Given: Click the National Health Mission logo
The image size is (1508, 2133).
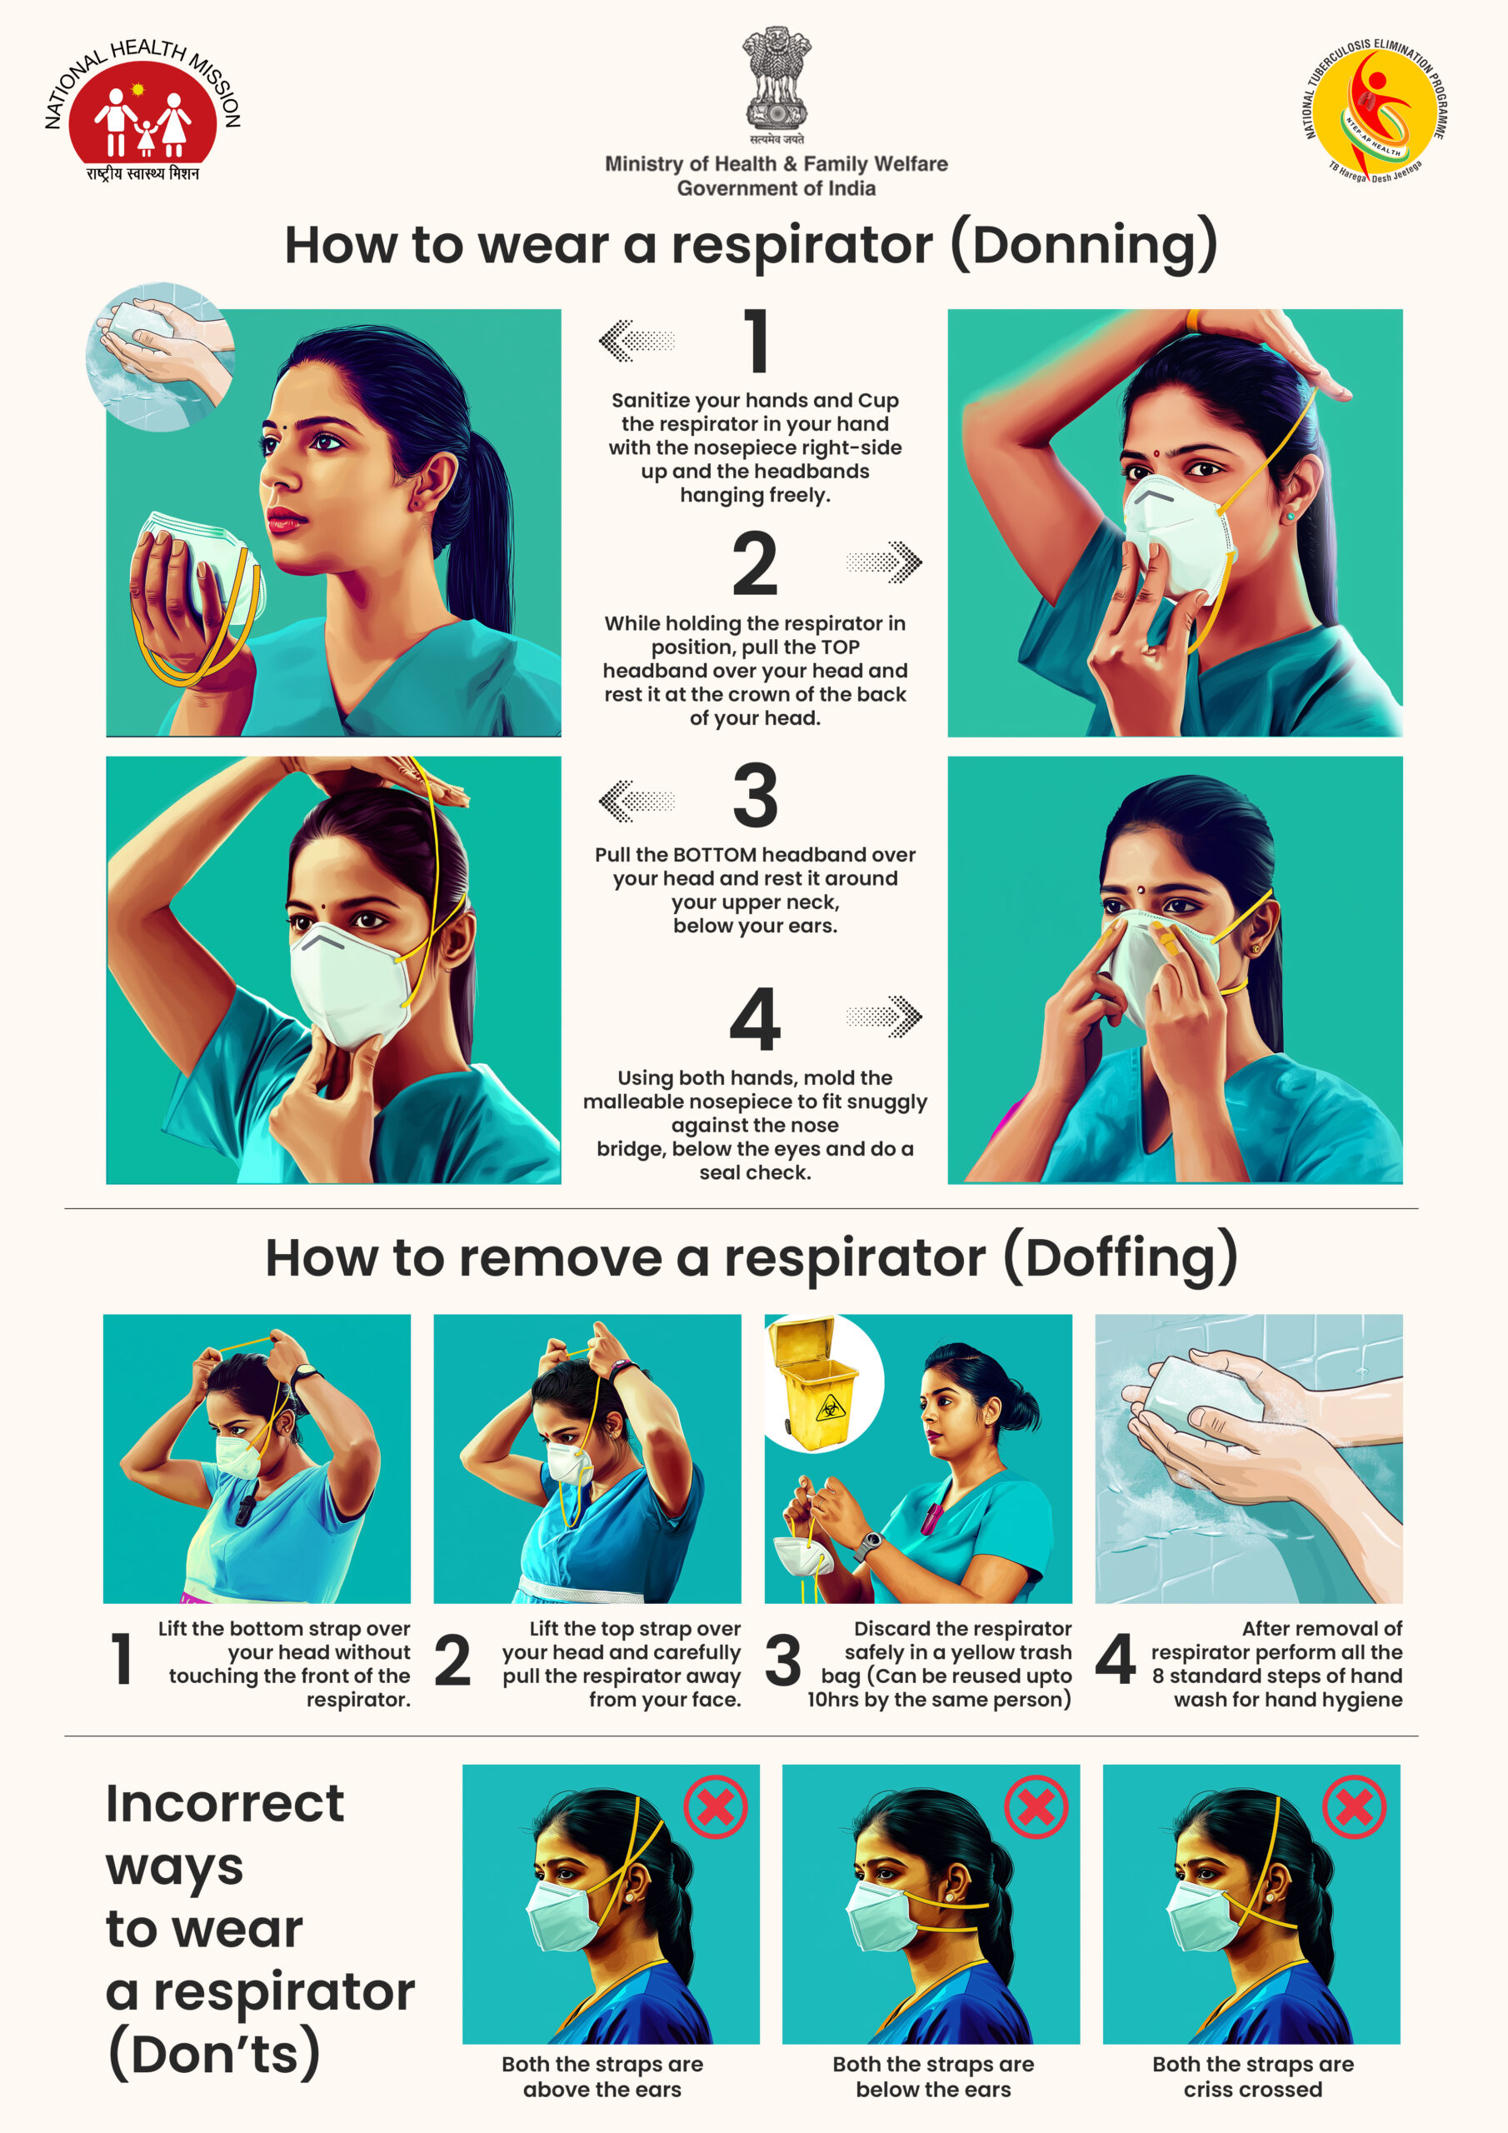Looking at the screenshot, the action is click(x=143, y=110).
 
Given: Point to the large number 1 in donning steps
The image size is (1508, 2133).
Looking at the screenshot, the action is click(x=757, y=341).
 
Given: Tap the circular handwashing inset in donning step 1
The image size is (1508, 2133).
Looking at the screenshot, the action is click(x=160, y=357).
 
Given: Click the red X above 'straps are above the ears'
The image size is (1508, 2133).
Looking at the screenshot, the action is click(x=716, y=1807).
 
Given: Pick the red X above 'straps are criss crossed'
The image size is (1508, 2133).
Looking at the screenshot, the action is click(x=1355, y=1807).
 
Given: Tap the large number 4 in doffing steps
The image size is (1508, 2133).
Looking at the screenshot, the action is click(x=1115, y=1659).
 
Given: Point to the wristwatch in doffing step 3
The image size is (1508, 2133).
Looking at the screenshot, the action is click(x=868, y=1544).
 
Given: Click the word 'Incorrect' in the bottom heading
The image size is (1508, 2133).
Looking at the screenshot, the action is click(x=225, y=1804).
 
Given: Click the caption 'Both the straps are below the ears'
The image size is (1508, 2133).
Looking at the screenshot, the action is click(x=933, y=2076).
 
